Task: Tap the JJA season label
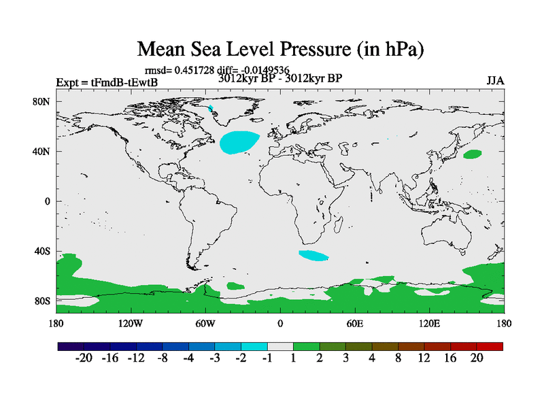[495, 81]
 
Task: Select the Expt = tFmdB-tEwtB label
[107, 83]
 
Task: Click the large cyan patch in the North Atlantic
[239, 141]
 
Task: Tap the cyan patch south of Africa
[313, 256]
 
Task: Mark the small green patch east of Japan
[472, 154]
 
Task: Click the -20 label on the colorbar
[84, 358]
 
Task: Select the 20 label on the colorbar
[476, 358]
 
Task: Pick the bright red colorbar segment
[490, 346]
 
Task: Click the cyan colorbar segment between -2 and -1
[254, 346]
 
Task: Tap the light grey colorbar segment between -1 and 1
[280, 346]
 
